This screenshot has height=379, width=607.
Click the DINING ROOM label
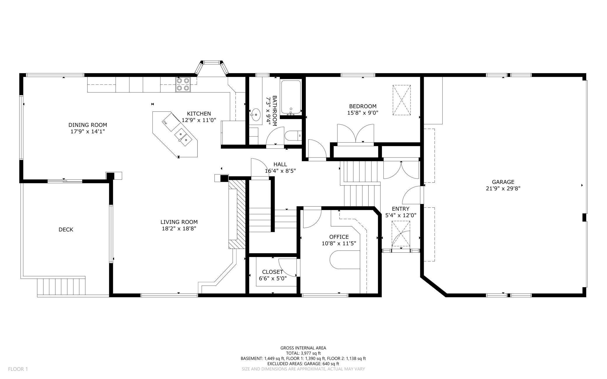click(88, 125)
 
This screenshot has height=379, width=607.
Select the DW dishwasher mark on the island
click(165, 123)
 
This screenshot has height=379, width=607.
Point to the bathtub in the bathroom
click(291, 97)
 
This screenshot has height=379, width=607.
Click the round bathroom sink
click(256, 115)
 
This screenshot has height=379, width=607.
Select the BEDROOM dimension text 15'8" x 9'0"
click(363, 113)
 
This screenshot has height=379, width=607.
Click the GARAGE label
click(503, 182)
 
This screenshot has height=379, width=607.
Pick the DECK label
click(66, 230)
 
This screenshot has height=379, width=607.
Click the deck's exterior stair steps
click(61, 287)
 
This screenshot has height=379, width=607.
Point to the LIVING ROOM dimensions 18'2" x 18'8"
click(179, 228)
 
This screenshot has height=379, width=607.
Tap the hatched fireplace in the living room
click(237, 214)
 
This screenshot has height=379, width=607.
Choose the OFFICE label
click(339, 237)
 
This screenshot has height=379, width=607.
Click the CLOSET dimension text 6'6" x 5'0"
click(273, 278)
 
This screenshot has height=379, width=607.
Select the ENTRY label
click(401, 209)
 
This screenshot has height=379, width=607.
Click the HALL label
click(280, 165)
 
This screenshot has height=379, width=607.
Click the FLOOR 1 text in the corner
click(18, 369)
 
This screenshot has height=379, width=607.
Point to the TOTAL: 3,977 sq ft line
click(303, 353)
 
